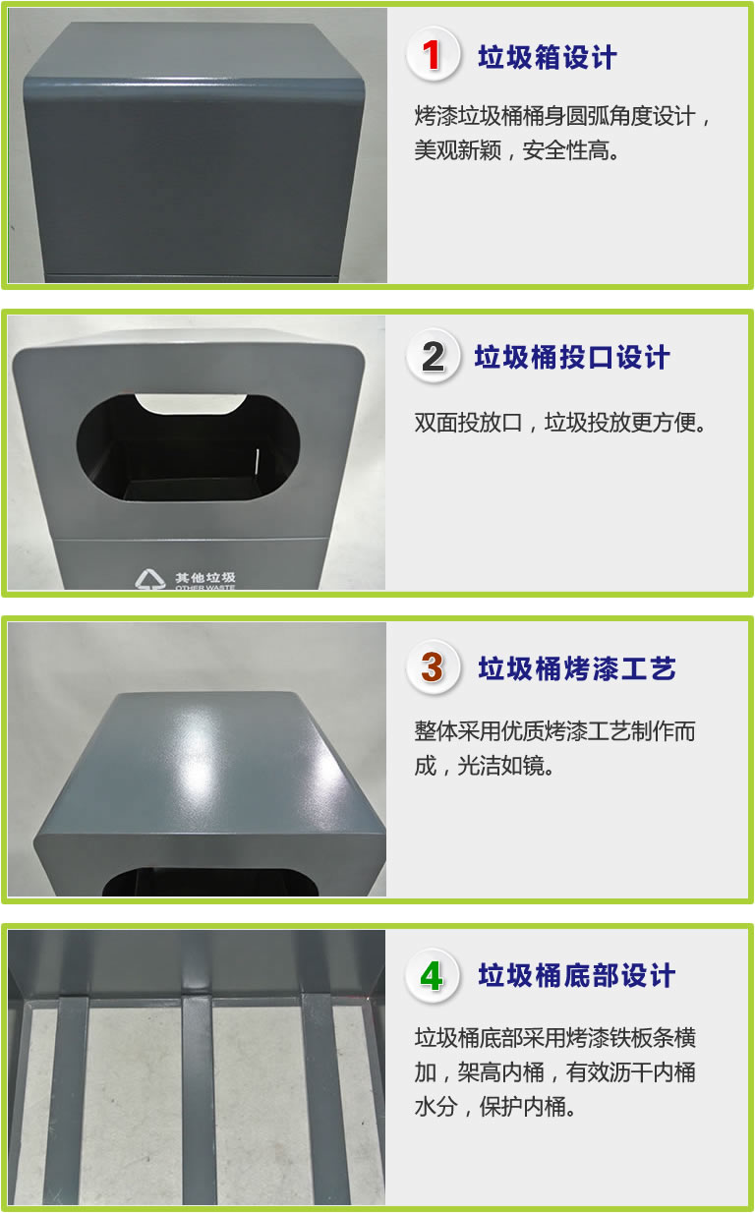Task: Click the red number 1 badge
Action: (x=433, y=55)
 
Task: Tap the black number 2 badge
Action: (x=433, y=356)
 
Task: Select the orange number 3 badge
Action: (x=433, y=667)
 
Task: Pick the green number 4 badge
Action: (x=433, y=976)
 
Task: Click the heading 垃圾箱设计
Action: (x=547, y=57)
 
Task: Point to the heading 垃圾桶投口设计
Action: (x=572, y=358)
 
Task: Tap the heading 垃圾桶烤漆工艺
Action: (x=577, y=668)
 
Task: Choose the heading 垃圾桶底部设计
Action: (x=576, y=976)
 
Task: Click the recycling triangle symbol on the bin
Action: (x=150, y=579)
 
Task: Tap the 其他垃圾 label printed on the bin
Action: (x=205, y=578)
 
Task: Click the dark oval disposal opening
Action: (x=188, y=447)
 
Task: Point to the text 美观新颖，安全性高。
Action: (x=517, y=150)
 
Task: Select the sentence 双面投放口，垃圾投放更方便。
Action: (x=560, y=423)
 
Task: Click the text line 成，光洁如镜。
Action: (x=485, y=766)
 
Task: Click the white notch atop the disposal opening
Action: (x=191, y=404)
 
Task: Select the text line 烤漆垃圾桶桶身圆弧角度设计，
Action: (x=563, y=116)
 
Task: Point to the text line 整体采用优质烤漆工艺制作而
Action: (x=555, y=731)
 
